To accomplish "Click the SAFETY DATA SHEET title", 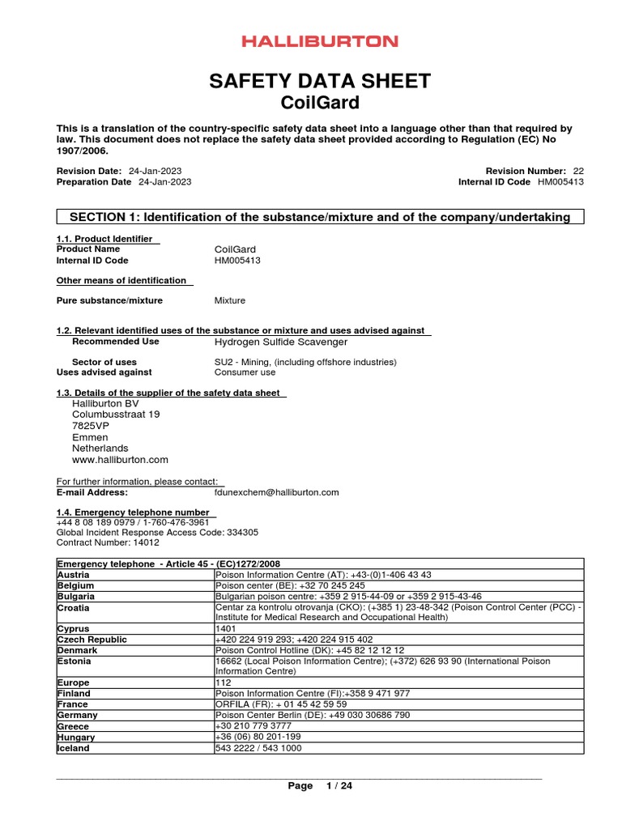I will [320, 81].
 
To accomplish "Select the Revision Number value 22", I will [577, 171].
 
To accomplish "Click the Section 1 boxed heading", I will [320, 217].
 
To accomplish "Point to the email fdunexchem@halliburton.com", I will [276, 491].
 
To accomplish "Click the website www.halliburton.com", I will [120, 460].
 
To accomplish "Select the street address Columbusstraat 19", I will [116, 414].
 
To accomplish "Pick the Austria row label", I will [73, 574].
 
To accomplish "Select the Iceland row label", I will [74, 748].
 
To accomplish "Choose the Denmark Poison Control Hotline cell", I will [309, 650].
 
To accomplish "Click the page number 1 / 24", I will [339, 786].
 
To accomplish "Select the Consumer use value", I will [245, 372].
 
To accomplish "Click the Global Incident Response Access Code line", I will [157, 533].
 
